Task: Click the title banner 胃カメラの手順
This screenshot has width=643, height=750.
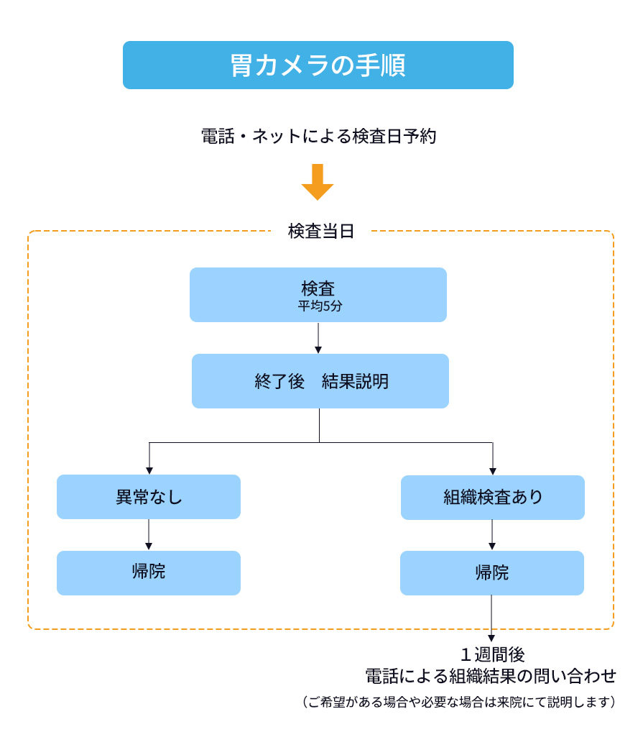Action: (318, 65)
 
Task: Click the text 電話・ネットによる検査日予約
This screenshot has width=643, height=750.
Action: (319, 137)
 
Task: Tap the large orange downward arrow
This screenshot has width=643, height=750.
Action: (318, 182)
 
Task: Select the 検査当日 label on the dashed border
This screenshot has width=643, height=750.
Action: (321, 231)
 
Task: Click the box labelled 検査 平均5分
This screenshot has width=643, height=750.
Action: (318, 295)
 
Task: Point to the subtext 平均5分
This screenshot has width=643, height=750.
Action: (320, 306)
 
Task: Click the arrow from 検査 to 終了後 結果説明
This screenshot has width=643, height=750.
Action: (318, 338)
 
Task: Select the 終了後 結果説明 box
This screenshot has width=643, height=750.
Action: (320, 380)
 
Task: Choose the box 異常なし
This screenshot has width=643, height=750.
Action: (149, 496)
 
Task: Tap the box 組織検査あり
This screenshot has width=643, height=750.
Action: (493, 498)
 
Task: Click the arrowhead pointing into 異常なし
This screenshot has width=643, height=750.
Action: (149, 471)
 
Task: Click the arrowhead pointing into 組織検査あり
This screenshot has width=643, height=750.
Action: (493, 472)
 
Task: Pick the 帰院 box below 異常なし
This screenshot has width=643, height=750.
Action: (149, 573)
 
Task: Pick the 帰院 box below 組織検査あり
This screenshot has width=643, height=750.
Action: (492, 573)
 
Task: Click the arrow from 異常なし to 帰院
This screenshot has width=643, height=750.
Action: (149, 535)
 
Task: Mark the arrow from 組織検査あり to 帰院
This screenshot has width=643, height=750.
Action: (492, 535)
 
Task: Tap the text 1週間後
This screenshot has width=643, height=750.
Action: (493, 654)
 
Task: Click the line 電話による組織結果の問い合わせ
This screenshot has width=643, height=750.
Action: (491, 676)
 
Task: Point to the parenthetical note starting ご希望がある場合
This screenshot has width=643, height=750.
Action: (458, 702)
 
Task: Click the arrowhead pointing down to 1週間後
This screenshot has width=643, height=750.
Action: (491, 638)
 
